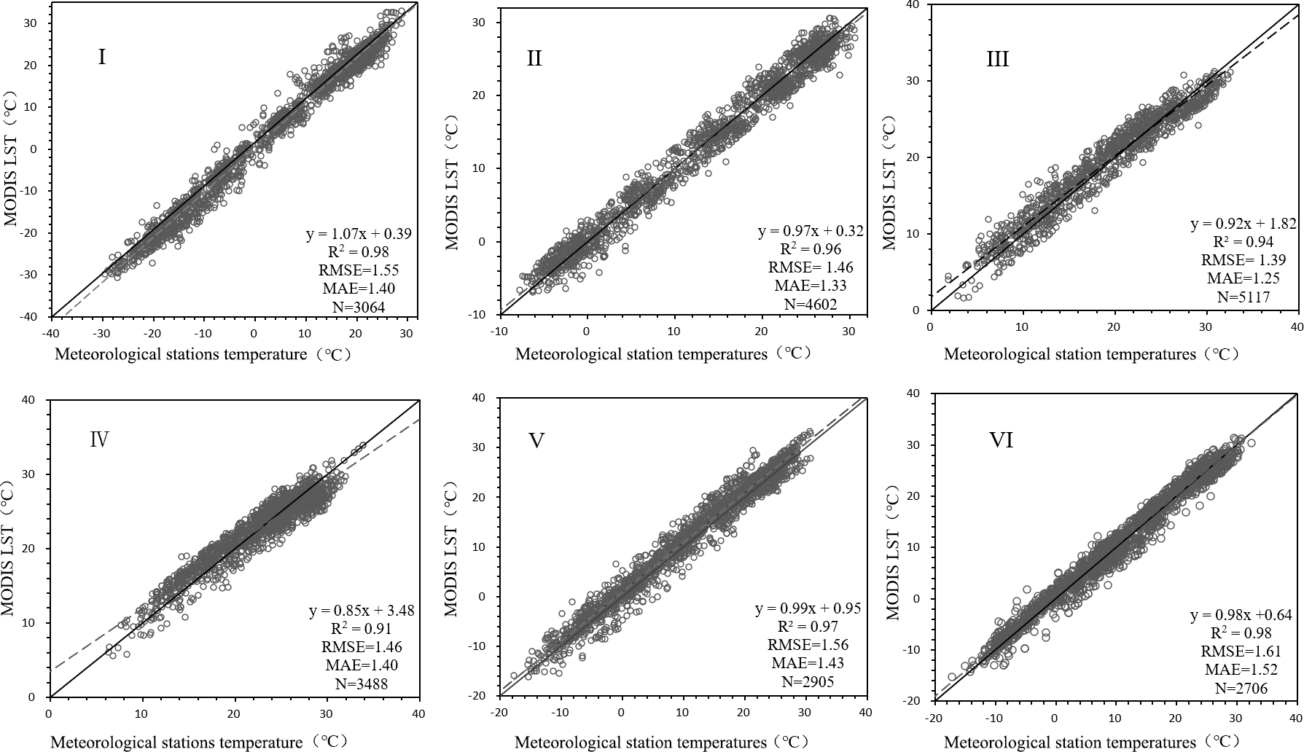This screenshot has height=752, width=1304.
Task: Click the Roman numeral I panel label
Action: [102, 57]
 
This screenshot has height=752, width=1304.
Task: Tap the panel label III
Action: [997, 58]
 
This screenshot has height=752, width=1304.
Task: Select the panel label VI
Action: [1001, 440]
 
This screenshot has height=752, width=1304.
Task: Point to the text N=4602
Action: [811, 304]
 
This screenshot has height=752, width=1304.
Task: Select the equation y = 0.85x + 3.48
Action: [361, 610]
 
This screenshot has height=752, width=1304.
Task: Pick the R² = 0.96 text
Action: [810, 250]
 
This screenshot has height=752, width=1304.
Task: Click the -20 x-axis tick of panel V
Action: [499, 711]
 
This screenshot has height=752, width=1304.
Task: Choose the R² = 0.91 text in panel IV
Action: [361, 628]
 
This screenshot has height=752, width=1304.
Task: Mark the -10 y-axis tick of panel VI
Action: [915, 650]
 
